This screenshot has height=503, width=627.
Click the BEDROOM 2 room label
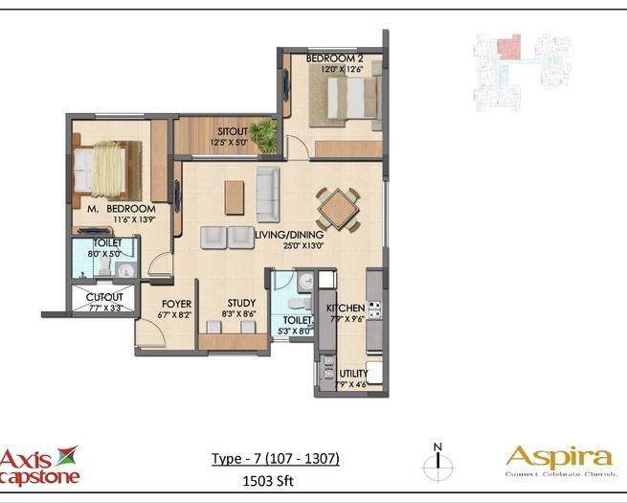334,58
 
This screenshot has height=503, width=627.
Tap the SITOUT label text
233,131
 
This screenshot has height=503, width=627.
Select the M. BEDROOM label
121,208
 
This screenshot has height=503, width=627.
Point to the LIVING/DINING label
290,234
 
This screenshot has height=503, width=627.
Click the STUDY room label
241,302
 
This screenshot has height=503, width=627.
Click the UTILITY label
352,374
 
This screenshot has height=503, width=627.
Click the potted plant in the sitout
265,135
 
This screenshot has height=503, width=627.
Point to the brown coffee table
235,196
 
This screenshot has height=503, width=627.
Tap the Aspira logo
559,459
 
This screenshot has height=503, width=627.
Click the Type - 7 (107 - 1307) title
275,459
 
